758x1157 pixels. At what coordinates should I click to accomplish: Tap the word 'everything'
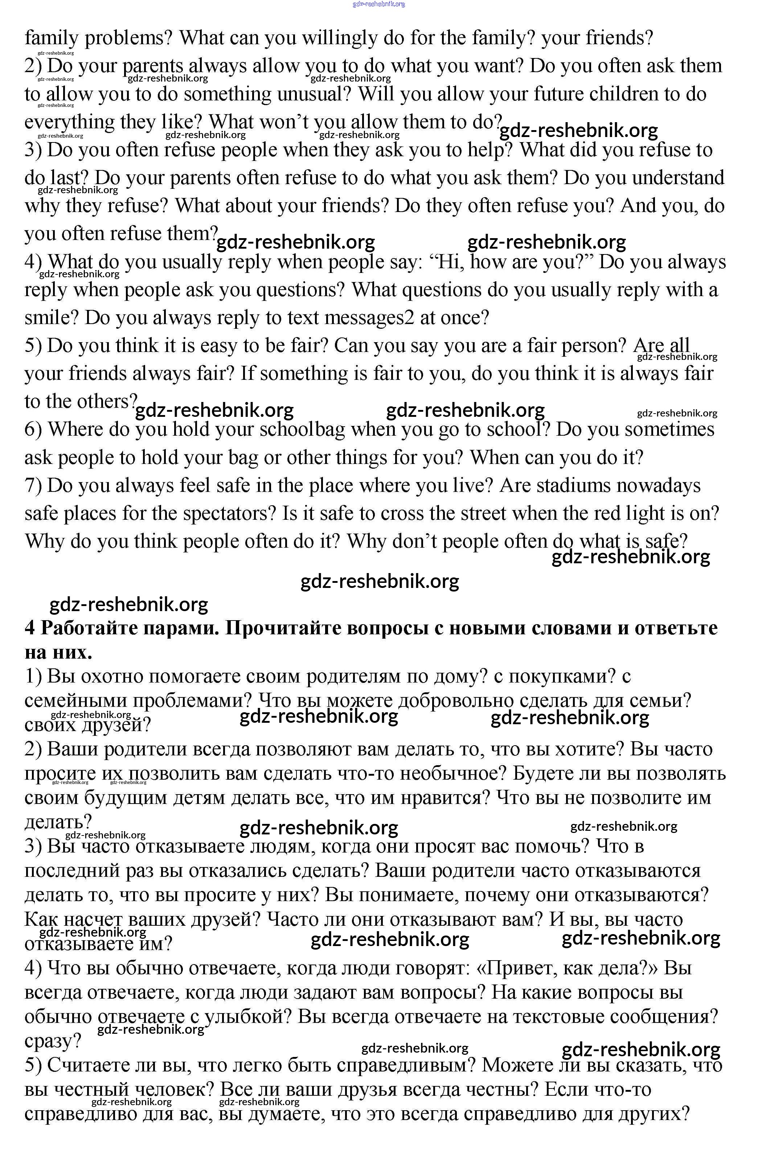[69, 122]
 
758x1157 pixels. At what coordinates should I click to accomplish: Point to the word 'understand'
[678, 178]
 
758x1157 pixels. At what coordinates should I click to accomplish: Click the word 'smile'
[52, 318]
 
